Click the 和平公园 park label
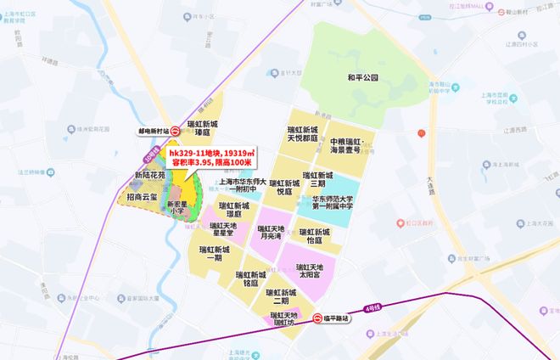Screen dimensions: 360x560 click(363, 76)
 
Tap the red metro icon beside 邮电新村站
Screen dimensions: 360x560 click(175, 132)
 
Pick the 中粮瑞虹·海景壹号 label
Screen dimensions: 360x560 click(350, 144)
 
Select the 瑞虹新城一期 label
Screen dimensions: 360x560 click(208, 254)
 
